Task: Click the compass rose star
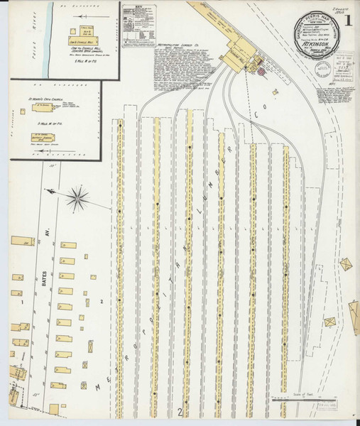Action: [x=79, y=197]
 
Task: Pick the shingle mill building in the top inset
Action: [x=84, y=41]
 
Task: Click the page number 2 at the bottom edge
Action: [x=180, y=411]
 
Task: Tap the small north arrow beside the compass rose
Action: [x=52, y=192]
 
